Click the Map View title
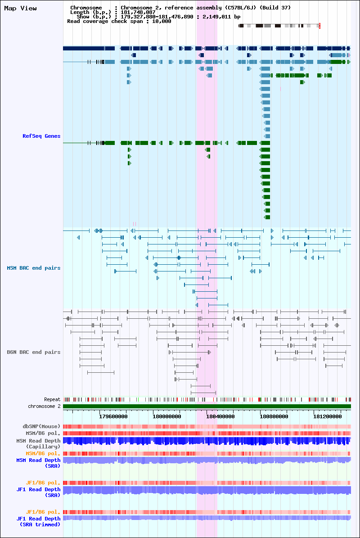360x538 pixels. coord(20,8)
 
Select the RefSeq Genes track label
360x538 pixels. coord(41,136)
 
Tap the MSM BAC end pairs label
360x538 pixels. coord(34,268)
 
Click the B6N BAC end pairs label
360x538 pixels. coord(34,352)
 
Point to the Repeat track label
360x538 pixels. coord(52,399)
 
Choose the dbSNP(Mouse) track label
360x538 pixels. coord(41,426)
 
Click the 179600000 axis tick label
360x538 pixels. coord(113,416)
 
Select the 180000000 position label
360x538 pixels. coord(167,416)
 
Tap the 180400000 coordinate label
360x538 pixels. coord(220,416)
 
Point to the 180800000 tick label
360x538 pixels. coord(274,416)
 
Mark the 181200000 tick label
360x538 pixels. coord(328,416)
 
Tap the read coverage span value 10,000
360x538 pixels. coord(162,21)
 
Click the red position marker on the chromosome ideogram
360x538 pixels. coord(319,26)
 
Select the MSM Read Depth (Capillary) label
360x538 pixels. coord(38,443)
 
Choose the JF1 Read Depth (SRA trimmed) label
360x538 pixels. coord(38,521)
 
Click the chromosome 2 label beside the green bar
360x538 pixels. coord(44,406)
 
